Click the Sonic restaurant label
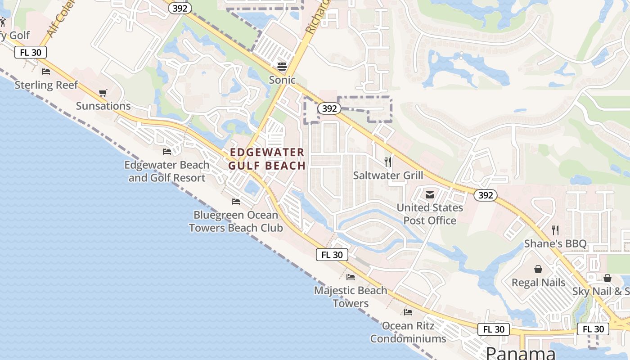[282, 80]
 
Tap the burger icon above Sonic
[282, 67]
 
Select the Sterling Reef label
[46, 85]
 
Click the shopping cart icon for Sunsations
[103, 93]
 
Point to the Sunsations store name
[103, 106]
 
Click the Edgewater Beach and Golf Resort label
[167, 171]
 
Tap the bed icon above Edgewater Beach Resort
[167, 152]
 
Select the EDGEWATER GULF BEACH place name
[267, 159]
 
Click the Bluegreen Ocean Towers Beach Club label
[236, 221]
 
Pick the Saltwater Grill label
[388, 175]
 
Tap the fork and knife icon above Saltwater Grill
[388, 162]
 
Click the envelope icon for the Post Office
[430, 194]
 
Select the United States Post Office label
[430, 214]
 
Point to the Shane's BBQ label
[555, 244]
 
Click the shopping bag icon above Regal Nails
[538, 269]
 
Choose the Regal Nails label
[538, 283]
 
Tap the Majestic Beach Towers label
[351, 297]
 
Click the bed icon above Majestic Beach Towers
[351, 277]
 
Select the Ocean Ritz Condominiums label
[408, 332]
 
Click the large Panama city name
[521, 353]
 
